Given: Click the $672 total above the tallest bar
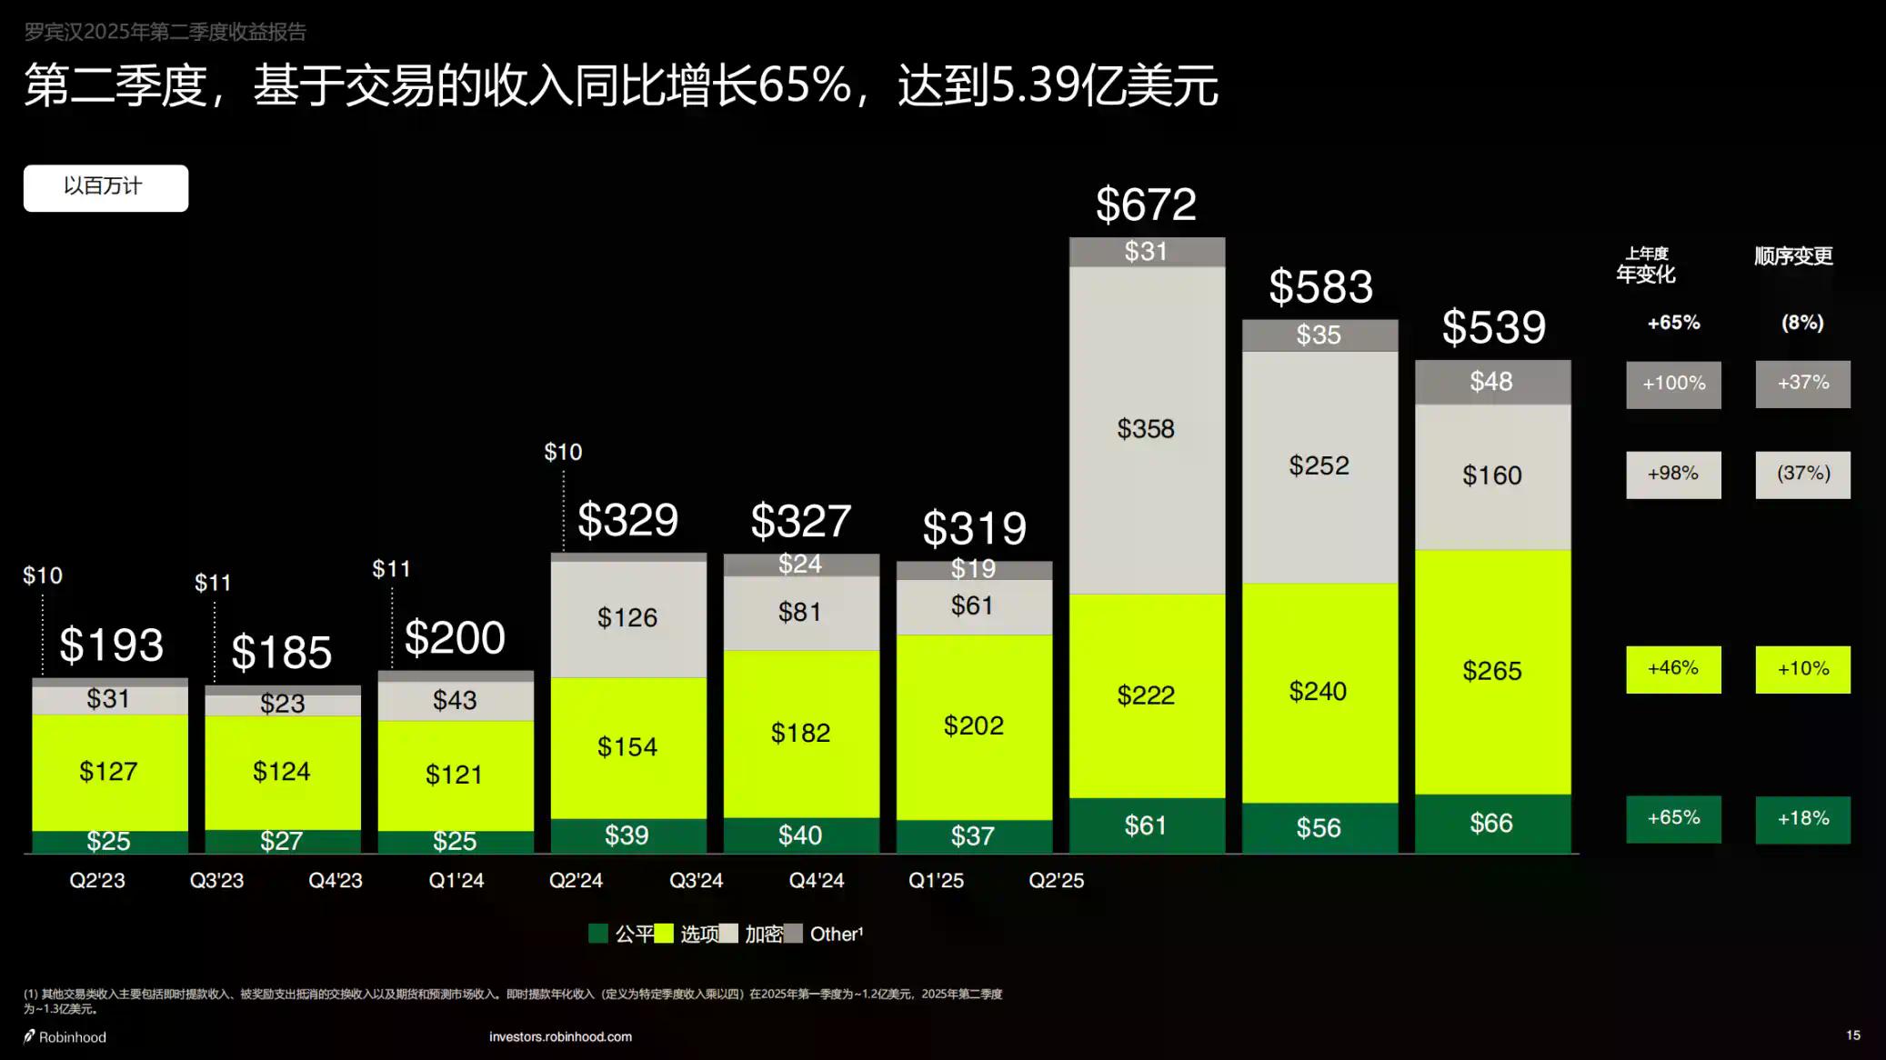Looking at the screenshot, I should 1146,205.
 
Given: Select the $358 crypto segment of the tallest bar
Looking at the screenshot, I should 1146,429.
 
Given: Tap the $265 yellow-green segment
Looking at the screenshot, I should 1491,671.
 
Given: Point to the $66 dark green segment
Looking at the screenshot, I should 1491,824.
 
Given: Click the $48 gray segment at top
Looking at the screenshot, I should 1491,382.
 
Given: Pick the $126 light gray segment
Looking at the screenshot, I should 627,618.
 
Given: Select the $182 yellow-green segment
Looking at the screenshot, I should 800,733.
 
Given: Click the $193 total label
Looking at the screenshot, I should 111,645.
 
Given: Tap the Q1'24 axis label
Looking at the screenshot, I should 456,881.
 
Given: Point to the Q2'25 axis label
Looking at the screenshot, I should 1056,881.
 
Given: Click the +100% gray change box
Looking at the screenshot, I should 1673,384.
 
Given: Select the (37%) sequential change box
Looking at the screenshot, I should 1802,475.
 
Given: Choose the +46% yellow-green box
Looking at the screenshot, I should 1673,669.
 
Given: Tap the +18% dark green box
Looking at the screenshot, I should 1802,819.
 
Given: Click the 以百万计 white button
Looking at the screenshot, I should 105,187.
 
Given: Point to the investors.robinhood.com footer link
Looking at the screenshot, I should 560,1036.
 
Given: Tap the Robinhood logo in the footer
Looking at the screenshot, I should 65,1037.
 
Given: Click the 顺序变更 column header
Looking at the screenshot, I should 1793,256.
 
